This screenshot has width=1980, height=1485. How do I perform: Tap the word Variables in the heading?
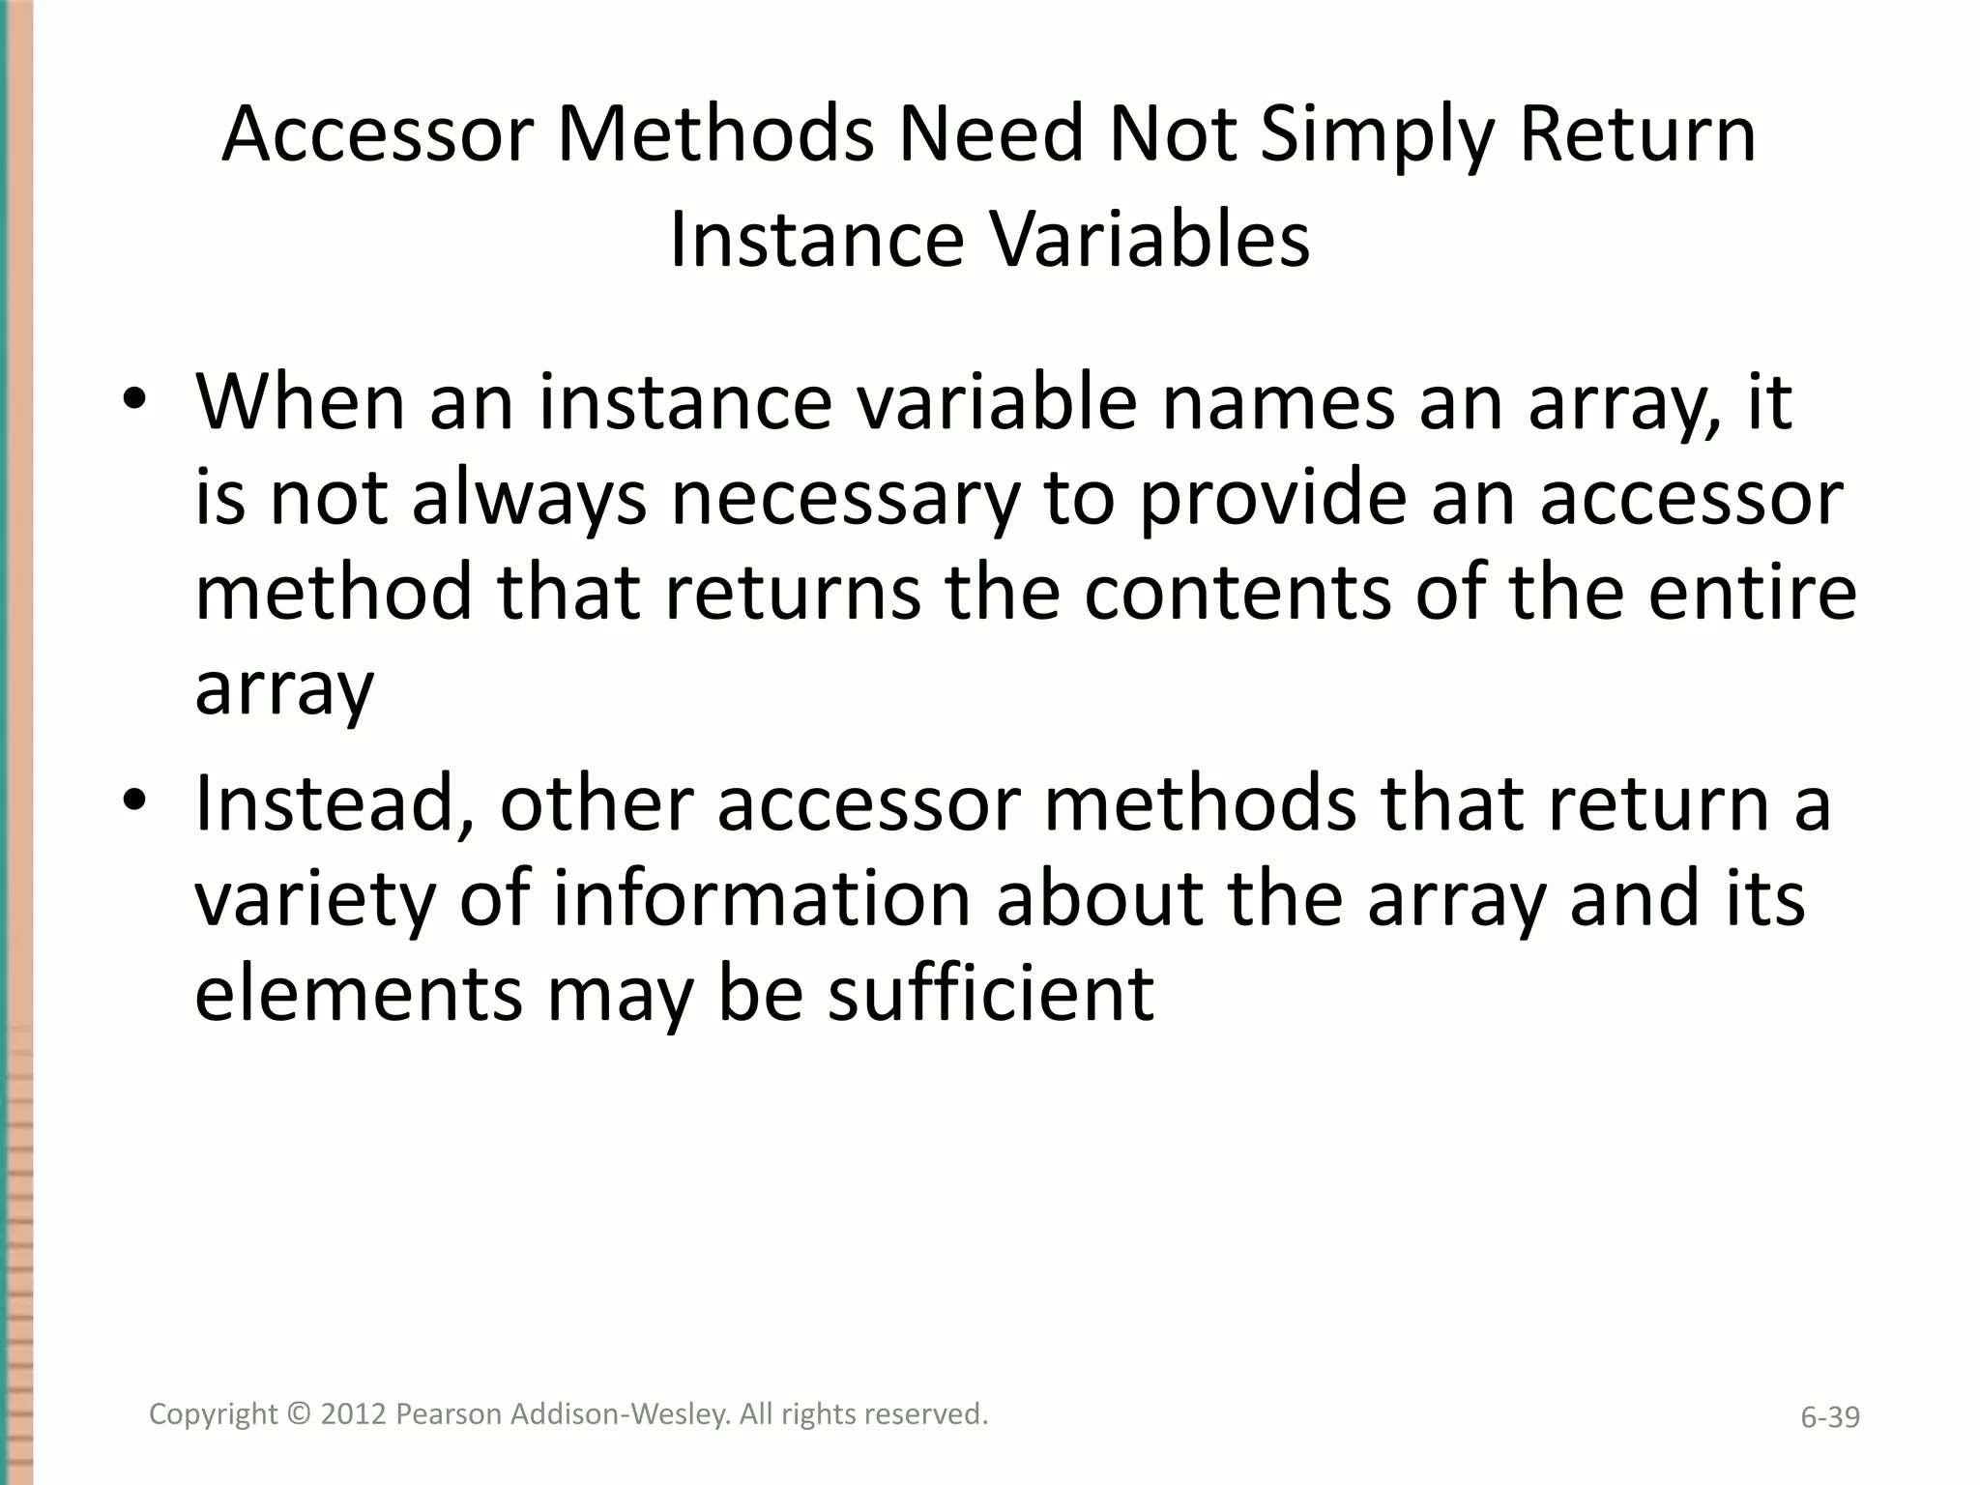[x=1150, y=240]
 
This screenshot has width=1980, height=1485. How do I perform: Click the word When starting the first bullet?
[x=301, y=402]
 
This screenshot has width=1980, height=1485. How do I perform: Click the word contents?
[x=1237, y=593]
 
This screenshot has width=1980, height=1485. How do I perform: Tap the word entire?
[x=1752, y=593]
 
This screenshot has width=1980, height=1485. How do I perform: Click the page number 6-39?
[x=1829, y=1417]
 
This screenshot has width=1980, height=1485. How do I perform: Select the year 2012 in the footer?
[x=354, y=1414]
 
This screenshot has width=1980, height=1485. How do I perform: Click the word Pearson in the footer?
[x=449, y=1414]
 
